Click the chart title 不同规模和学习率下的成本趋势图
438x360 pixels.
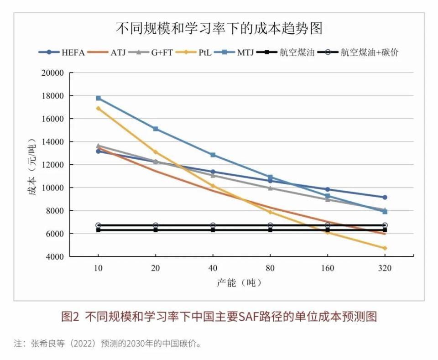tap(219, 28)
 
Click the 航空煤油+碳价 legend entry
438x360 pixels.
tap(360, 52)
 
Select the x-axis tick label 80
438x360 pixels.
tap(270, 268)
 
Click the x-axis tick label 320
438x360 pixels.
tap(385, 268)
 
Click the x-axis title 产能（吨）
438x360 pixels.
tap(239, 283)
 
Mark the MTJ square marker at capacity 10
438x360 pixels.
tap(98, 98)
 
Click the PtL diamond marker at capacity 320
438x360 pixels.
tap(385, 248)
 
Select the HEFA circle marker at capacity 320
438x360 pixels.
tap(385, 197)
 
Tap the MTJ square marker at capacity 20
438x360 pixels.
tap(156, 129)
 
